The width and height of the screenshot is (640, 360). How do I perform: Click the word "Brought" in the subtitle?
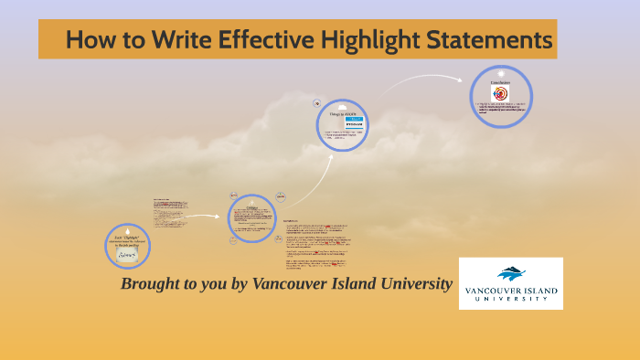[x=152, y=284]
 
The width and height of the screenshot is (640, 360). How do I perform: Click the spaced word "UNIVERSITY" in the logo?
[x=511, y=302]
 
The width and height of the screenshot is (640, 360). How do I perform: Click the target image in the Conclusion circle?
[x=500, y=93]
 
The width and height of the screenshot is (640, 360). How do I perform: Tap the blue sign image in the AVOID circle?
[x=354, y=122]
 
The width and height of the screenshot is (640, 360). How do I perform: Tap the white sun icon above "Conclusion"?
[x=500, y=72]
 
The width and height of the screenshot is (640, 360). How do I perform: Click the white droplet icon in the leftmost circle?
[x=127, y=229]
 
